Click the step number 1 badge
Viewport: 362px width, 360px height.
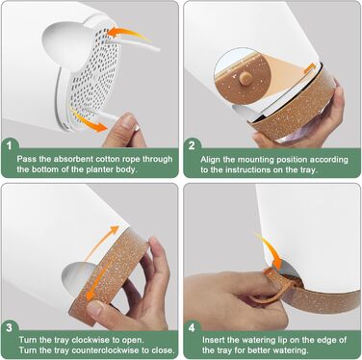pos(10,146)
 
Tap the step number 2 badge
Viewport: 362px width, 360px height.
pos(192,146)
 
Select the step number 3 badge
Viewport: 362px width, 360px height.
pos(10,327)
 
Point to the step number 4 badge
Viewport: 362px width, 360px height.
pos(192,327)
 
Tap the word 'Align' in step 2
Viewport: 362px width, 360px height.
pos(211,160)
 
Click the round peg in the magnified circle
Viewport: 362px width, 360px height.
pos(246,78)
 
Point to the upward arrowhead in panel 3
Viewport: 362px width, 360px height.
pos(113,231)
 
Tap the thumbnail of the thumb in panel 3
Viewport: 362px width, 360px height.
pos(95,308)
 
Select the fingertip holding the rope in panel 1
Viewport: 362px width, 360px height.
pos(130,122)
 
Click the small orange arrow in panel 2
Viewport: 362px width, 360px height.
pos(310,67)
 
